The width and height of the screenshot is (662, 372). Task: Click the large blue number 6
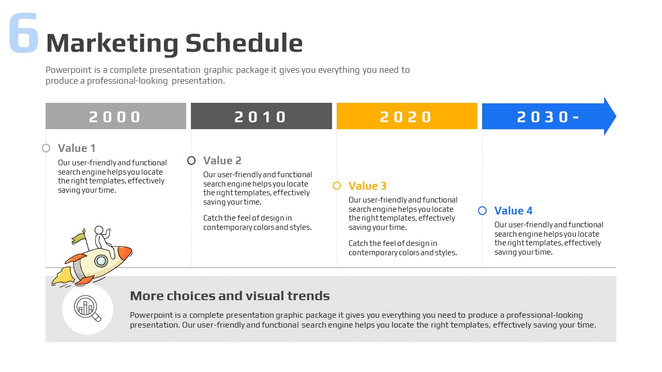[x=24, y=33]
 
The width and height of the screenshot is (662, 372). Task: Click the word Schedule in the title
[x=244, y=43]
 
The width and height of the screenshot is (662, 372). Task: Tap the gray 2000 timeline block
[x=116, y=116]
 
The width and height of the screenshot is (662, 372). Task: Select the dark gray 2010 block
[x=261, y=116]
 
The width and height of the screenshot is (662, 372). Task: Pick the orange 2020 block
[x=407, y=116]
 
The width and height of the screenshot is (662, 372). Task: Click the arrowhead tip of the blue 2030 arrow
[x=616, y=116]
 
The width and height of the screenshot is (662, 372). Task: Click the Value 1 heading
[x=77, y=148]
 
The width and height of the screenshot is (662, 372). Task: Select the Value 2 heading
[x=222, y=161]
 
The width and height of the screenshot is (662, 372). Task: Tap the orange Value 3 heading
[x=367, y=186]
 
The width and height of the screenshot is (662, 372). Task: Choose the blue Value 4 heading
[x=514, y=211]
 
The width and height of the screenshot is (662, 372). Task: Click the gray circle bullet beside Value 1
[x=46, y=148]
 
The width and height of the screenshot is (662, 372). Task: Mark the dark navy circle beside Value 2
[x=191, y=161]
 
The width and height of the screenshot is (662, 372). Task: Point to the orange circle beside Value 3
[x=337, y=185]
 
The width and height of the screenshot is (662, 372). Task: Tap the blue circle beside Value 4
[x=483, y=211]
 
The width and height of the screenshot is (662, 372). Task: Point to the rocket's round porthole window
[x=101, y=261]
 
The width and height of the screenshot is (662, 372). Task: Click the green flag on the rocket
[x=78, y=238]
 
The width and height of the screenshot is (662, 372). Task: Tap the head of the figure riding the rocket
[x=99, y=230]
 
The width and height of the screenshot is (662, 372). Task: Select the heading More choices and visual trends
[x=230, y=296]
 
